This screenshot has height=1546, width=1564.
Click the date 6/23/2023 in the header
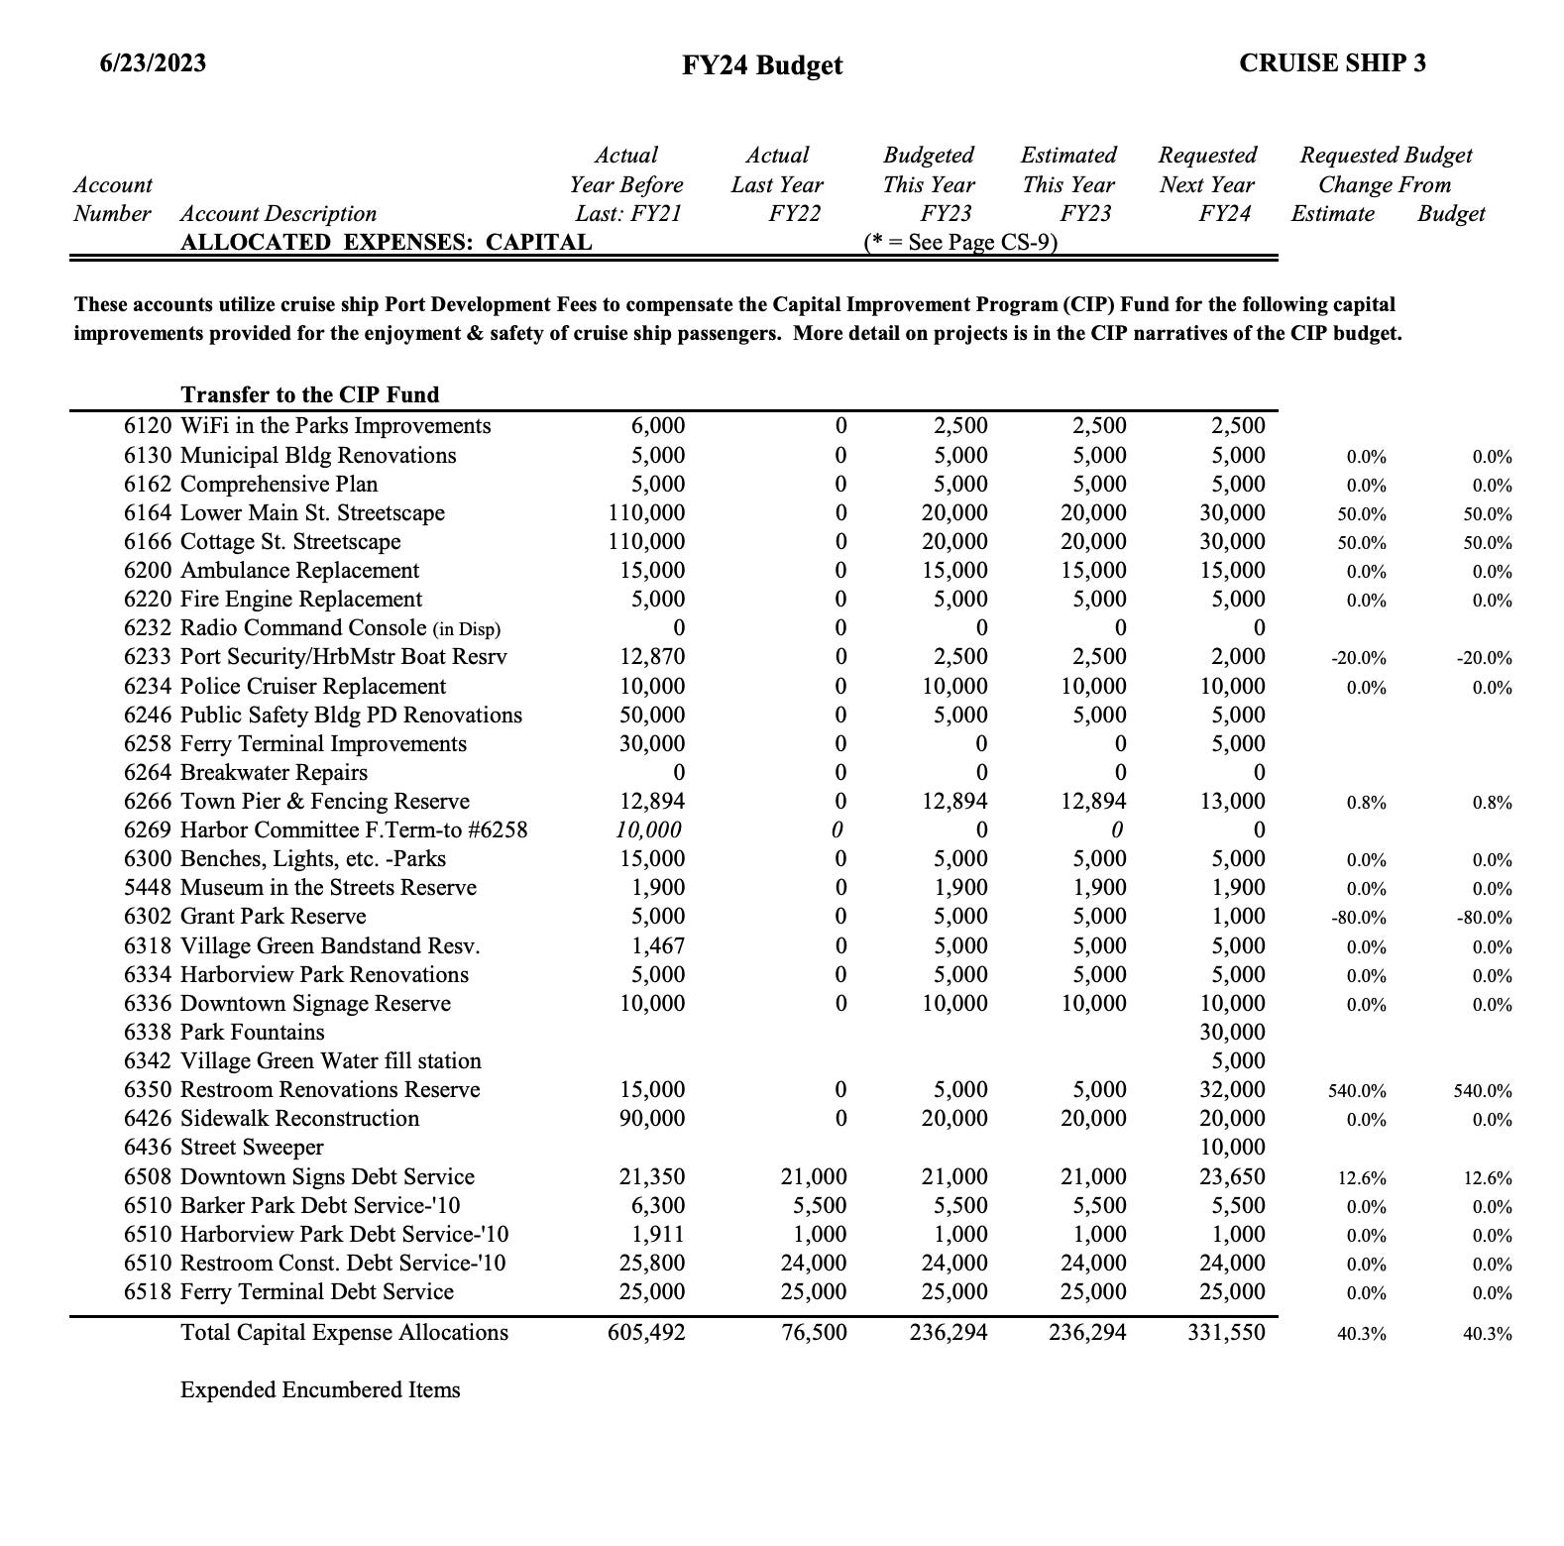tap(153, 63)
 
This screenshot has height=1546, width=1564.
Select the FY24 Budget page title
tap(762, 65)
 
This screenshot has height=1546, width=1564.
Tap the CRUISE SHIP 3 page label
tap(1332, 63)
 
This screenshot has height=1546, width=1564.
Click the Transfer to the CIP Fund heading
tap(309, 394)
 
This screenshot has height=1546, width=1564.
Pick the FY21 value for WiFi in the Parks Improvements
tap(657, 426)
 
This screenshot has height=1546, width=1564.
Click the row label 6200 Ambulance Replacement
tap(271, 571)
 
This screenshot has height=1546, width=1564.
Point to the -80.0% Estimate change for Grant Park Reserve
tap(1358, 918)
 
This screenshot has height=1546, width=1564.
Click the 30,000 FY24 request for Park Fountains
tap(1232, 1033)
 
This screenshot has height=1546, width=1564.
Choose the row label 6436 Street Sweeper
tap(223, 1148)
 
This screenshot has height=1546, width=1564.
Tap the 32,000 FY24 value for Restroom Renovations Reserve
tap(1232, 1090)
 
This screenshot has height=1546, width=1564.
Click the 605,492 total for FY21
tap(645, 1333)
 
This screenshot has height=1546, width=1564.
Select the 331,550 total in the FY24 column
tap(1226, 1333)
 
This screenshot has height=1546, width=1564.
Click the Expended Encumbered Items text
tap(320, 1390)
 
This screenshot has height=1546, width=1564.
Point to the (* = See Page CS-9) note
tap(960, 243)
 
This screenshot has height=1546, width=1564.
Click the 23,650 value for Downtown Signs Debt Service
tap(1232, 1177)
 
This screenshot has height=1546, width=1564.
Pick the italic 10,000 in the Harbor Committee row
tap(649, 830)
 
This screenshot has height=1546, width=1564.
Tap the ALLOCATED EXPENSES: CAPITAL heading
tap(386, 243)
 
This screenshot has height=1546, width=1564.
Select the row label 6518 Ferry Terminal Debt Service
tap(288, 1292)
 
